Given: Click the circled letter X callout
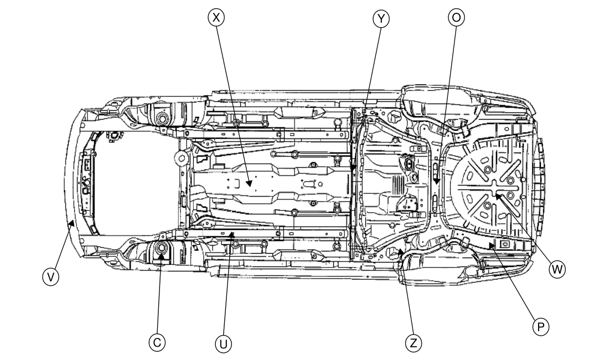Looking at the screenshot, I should coord(216,18).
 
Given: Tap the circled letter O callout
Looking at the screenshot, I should coord(455,18).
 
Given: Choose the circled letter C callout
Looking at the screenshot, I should coord(157,343).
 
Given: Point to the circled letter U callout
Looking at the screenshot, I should coord(223,343).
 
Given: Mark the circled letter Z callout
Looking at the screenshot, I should coord(411,343).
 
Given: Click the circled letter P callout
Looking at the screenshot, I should coord(540,326).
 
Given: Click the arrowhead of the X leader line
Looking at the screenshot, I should coord(250,183).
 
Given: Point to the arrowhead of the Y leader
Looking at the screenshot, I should coord(353,169).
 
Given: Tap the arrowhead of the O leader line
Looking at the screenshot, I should coord(437,183).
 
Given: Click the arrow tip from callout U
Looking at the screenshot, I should coord(233,233).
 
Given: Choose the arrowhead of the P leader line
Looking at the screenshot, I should coord(490,242).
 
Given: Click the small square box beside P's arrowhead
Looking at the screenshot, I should coord(504,243).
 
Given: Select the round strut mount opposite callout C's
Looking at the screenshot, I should coord(162,117).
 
